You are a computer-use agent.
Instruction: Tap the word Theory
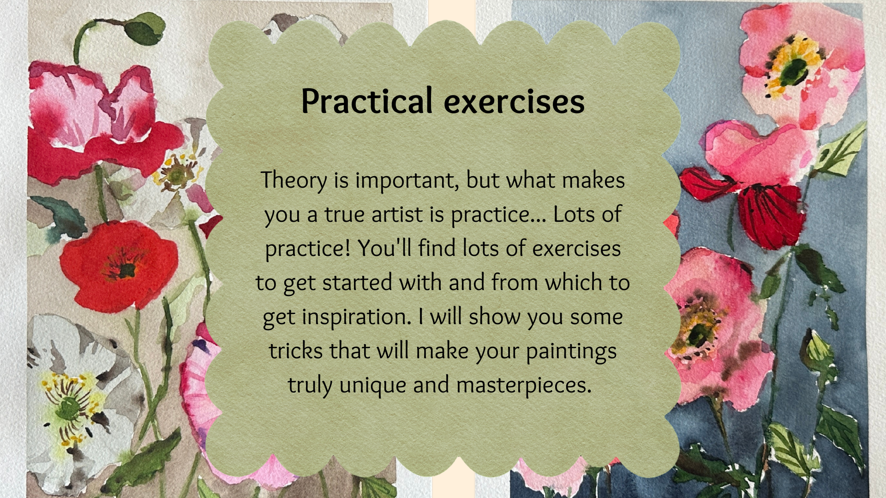point(294,181)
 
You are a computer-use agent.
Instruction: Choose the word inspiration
point(356,317)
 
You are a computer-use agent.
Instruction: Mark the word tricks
point(296,350)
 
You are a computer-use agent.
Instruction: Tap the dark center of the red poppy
point(125,270)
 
